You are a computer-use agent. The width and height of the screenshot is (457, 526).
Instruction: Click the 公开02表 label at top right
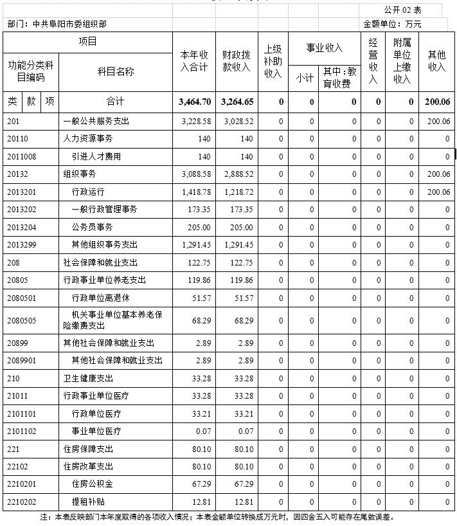(402, 10)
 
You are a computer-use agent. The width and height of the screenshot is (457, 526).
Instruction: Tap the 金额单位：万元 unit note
(392, 24)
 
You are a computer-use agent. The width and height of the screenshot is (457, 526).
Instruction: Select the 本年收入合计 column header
(194, 62)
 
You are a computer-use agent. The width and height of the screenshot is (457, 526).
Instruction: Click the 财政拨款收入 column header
(237, 62)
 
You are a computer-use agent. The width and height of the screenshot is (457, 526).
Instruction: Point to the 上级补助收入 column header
(273, 62)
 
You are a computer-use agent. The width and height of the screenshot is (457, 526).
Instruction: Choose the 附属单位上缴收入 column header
(402, 62)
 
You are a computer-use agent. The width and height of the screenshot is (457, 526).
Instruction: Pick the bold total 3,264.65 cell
(237, 102)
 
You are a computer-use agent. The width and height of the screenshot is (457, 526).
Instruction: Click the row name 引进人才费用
(96, 156)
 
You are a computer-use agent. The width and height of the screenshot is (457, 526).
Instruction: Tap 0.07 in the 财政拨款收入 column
(245, 431)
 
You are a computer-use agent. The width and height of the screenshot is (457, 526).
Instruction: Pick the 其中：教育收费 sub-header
(339, 77)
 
